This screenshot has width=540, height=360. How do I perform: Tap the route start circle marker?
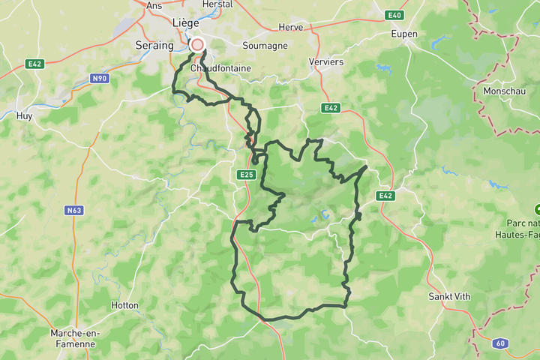(x=197, y=45)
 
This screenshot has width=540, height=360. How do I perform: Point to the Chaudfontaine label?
(x=220, y=68)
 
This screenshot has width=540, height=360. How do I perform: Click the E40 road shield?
(x=394, y=15)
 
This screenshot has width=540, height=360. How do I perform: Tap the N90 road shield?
(x=100, y=77)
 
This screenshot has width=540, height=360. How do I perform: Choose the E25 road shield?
(x=247, y=175)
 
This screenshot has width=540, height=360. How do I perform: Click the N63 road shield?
(x=73, y=211)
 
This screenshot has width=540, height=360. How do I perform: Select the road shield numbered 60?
(x=499, y=343)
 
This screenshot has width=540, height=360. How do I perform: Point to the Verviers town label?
(x=326, y=62)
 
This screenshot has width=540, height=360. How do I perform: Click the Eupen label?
(x=404, y=34)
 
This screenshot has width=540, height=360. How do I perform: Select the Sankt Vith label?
(x=448, y=296)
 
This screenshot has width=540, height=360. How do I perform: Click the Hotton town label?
(x=125, y=306)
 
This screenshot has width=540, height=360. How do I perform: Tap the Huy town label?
(x=24, y=116)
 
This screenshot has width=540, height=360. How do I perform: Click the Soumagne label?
(x=265, y=45)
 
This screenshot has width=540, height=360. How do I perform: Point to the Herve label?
(x=290, y=27)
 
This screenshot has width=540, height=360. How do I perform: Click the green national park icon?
(x=537, y=208)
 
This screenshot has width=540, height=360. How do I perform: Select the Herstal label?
(x=217, y=4)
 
